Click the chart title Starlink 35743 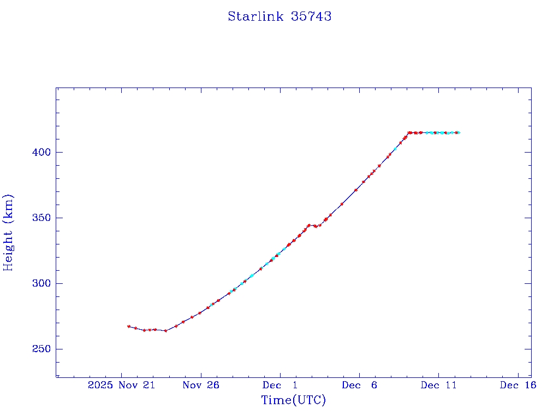[x=279, y=16]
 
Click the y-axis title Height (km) [x=9, y=232]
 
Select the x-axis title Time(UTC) [x=293, y=400]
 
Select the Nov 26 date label [x=201, y=385]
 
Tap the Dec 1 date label [x=280, y=385]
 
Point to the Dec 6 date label [x=359, y=385]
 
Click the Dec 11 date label [x=438, y=385]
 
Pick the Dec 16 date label [x=518, y=385]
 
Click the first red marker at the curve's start [x=129, y=326]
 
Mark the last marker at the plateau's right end [x=459, y=132]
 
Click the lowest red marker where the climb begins [x=165, y=330]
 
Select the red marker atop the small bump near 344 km [x=309, y=225]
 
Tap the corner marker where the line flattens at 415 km [x=409, y=132]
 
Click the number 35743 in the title [x=311, y=16]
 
